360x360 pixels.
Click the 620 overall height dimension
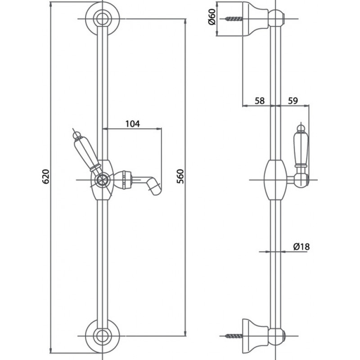pyautogui.click(x=46, y=176)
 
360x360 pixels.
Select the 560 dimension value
pyautogui.click(x=180, y=176)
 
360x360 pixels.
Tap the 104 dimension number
pyautogui.click(x=132, y=124)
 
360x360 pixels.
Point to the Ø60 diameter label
pyautogui.click(x=211, y=17)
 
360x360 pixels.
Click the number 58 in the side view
pyautogui.click(x=260, y=101)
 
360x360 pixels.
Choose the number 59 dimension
pyautogui.click(x=293, y=101)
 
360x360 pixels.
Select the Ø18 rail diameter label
pyautogui.click(x=301, y=247)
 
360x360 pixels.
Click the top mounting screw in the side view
pyautogui.click(x=234, y=19)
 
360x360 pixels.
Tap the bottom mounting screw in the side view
pyautogui.click(x=234, y=336)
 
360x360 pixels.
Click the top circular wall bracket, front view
pyautogui.click(x=103, y=19)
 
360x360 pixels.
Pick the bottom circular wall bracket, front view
pyautogui.click(x=103, y=336)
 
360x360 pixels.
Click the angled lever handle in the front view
pyautogui.click(x=87, y=153)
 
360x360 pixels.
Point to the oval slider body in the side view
pyautogui.click(x=275, y=180)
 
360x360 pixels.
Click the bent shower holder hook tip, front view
pyautogui.click(x=155, y=187)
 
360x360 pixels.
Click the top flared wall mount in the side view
pyautogui.click(x=255, y=19)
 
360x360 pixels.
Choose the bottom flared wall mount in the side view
pyautogui.click(x=255, y=336)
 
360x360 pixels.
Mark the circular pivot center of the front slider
pyautogui.click(x=103, y=180)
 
